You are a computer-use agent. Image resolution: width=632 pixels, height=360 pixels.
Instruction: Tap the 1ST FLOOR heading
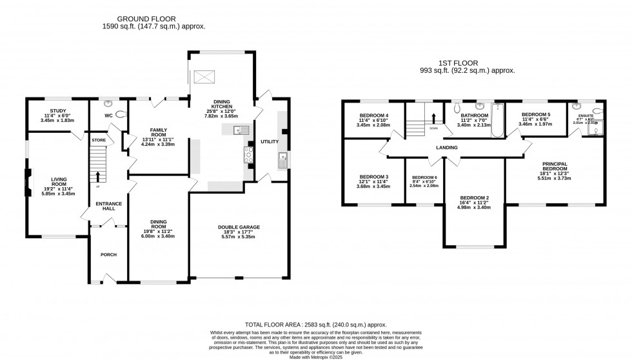[x=459, y=63]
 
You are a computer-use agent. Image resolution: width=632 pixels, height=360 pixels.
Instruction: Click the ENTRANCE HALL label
[x=108, y=207]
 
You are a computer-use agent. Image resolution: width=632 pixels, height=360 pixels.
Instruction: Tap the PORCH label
[x=108, y=255]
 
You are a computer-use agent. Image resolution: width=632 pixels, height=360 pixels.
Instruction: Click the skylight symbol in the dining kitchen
[x=204, y=77]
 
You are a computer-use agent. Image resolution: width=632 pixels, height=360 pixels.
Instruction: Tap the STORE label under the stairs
[x=98, y=139]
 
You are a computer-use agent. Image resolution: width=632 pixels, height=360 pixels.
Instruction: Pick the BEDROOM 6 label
[x=424, y=177]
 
